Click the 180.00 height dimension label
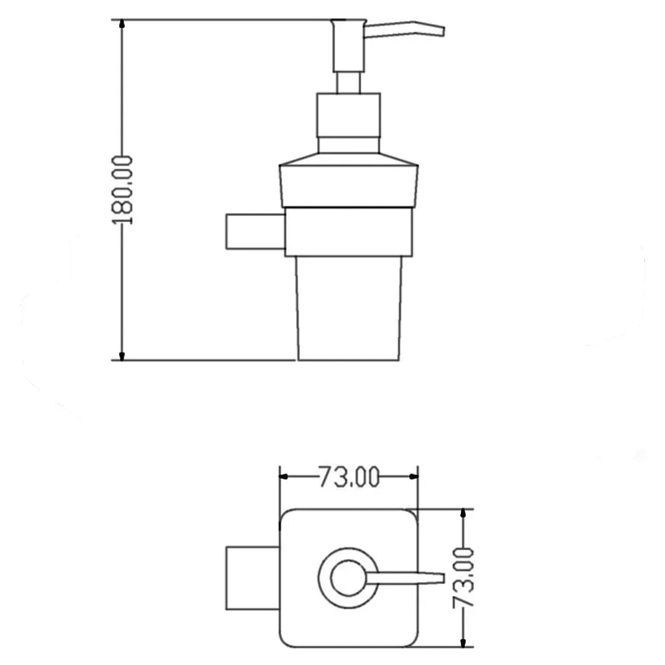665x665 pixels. [122, 190]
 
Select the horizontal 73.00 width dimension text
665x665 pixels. [348, 477]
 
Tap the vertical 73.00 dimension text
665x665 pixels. [463, 578]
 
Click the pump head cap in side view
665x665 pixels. [348, 46]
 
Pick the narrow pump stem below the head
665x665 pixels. [348, 82]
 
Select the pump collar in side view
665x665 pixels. [348, 123]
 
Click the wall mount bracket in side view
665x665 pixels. [255, 231]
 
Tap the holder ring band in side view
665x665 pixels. [348, 232]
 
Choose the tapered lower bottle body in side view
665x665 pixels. [348, 309]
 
